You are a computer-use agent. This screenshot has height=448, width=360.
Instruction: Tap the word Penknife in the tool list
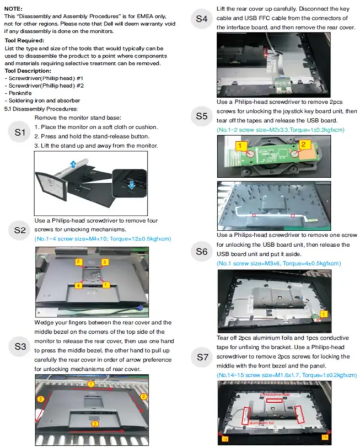20,93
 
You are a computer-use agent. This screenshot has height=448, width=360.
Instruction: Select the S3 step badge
20,346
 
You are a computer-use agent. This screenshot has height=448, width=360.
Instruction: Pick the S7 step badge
202,357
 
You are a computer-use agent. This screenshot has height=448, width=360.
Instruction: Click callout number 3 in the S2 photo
104,262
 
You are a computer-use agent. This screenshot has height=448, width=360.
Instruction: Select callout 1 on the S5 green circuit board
240,145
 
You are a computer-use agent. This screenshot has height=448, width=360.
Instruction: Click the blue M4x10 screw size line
102,238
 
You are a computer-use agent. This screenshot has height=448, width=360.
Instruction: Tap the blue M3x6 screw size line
278,264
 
